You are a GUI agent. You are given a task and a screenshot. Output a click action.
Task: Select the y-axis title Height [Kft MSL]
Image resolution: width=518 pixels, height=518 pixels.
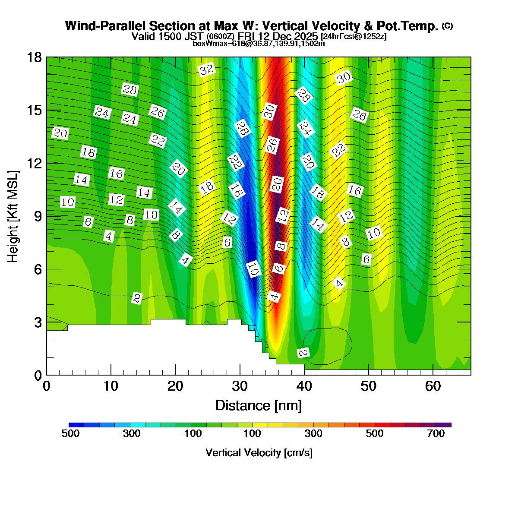click(x=13, y=216)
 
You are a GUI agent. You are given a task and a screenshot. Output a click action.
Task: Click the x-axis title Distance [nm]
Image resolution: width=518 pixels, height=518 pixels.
click(x=259, y=406)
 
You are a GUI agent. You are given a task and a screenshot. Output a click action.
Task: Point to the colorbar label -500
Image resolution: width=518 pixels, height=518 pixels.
click(x=69, y=434)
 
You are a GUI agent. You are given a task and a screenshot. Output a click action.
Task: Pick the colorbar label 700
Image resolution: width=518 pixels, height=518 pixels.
click(x=436, y=434)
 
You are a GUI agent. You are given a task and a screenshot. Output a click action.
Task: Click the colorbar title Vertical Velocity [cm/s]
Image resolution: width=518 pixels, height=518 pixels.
click(x=259, y=453)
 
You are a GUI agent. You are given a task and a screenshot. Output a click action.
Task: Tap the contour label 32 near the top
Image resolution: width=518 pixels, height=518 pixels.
click(x=207, y=69)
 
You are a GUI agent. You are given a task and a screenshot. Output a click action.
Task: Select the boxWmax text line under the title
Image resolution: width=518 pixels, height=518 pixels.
click(x=259, y=43)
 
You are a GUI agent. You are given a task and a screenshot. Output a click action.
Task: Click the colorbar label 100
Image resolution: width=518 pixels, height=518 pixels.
click(x=252, y=434)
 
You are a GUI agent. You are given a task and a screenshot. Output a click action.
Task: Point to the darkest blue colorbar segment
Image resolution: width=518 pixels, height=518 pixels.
click(x=76, y=425)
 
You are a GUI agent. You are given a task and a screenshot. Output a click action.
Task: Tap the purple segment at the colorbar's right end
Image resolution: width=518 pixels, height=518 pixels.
click(x=443, y=425)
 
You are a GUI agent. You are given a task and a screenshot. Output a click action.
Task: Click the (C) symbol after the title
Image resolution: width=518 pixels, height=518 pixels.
click(x=447, y=26)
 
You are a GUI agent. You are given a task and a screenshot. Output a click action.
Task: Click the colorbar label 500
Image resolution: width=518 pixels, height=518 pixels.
click(x=375, y=434)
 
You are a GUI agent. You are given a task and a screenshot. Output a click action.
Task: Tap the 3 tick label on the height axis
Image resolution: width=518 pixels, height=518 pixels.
click(x=38, y=322)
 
